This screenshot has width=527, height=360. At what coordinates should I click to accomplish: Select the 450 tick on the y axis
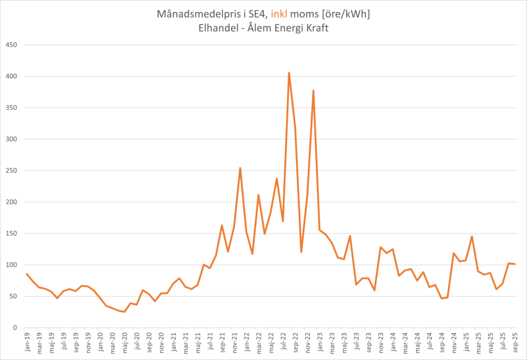click(x=11, y=45)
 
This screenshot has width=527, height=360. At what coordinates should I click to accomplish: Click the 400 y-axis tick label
click(x=11, y=76)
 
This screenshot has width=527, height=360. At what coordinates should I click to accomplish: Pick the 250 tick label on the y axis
click(x=11, y=170)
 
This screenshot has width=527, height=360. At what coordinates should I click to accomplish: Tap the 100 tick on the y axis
click(x=11, y=265)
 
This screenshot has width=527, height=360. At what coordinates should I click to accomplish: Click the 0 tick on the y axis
click(x=15, y=328)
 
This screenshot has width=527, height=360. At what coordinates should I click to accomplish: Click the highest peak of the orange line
click(x=289, y=73)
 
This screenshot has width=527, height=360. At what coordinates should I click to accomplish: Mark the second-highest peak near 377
click(x=313, y=91)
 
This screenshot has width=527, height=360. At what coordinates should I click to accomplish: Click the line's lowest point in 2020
click(x=124, y=312)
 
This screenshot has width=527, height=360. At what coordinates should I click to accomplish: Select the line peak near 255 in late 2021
click(x=240, y=168)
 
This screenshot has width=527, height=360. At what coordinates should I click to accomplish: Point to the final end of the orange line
click(x=515, y=264)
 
